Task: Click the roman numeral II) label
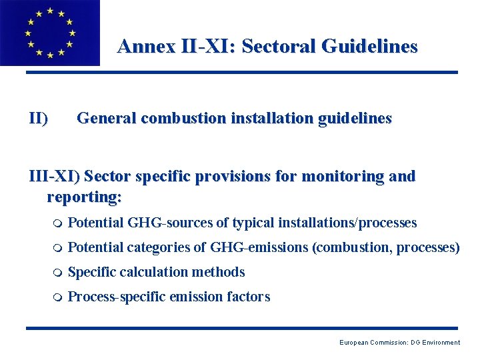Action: tap(38, 119)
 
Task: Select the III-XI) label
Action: tap(54, 177)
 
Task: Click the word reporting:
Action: tap(85, 197)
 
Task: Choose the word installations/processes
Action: tap(347, 223)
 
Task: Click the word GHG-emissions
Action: tap(259, 247)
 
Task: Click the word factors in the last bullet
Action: tap(249, 297)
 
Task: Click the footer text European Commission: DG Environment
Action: tap(399, 343)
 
